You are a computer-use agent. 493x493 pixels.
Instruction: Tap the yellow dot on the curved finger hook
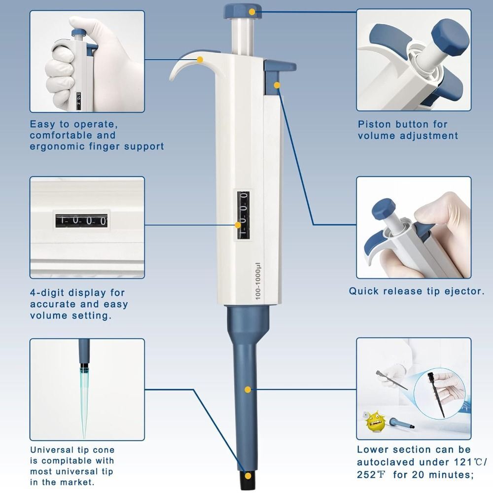200,60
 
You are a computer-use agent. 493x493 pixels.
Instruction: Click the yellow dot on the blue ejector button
277,85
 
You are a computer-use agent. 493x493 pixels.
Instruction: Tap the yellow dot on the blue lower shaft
247,389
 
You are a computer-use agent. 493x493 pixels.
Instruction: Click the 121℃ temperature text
468,462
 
